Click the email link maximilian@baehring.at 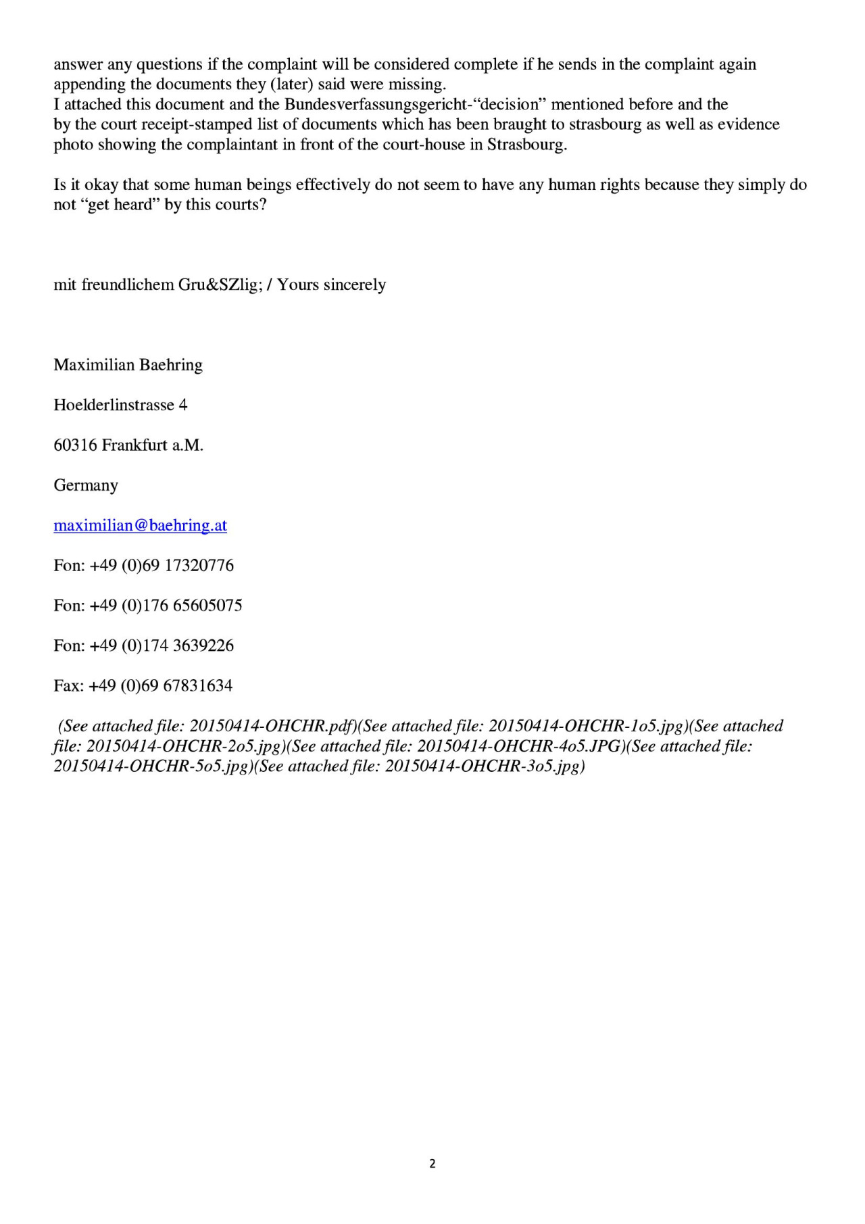point(140,526)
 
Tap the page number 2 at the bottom point(432,1163)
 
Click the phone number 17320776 point(199,566)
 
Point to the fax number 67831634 point(198,686)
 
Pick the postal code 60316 point(75,445)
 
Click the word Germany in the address point(86,485)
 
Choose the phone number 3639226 point(203,646)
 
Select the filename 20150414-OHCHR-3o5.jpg point(483,766)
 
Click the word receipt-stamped point(196,124)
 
